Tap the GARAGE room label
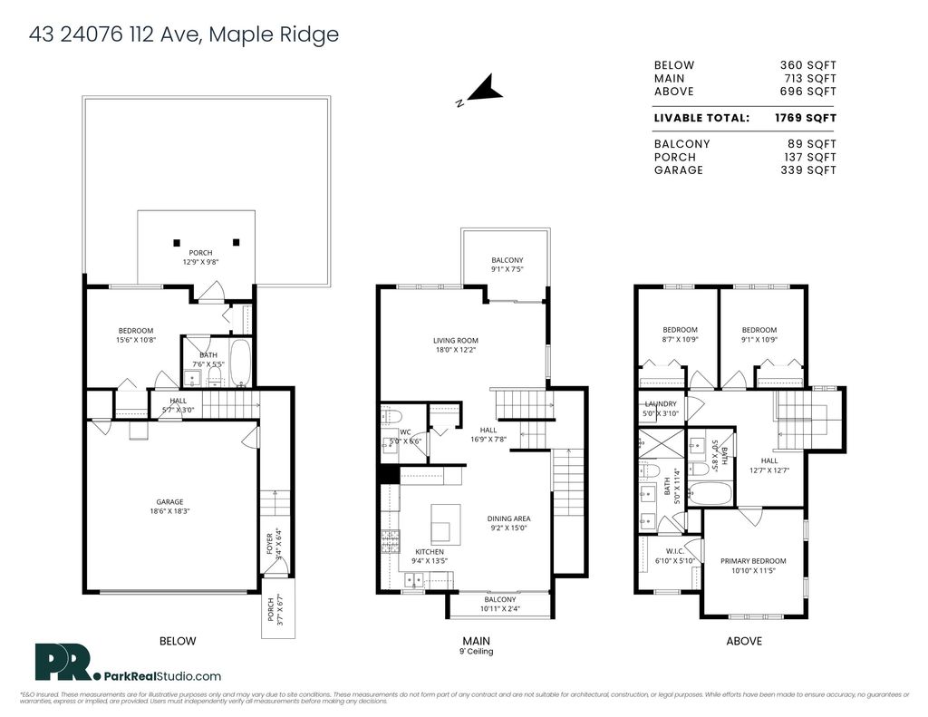(x=169, y=502)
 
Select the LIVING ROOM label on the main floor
(x=455, y=341)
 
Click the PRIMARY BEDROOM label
(x=753, y=561)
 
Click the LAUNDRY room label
(x=661, y=404)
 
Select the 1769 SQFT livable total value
(x=805, y=118)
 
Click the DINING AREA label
(x=507, y=518)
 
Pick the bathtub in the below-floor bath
(x=240, y=363)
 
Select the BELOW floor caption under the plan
(x=178, y=641)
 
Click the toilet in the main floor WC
(x=391, y=416)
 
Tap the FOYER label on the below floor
(x=269, y=544)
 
